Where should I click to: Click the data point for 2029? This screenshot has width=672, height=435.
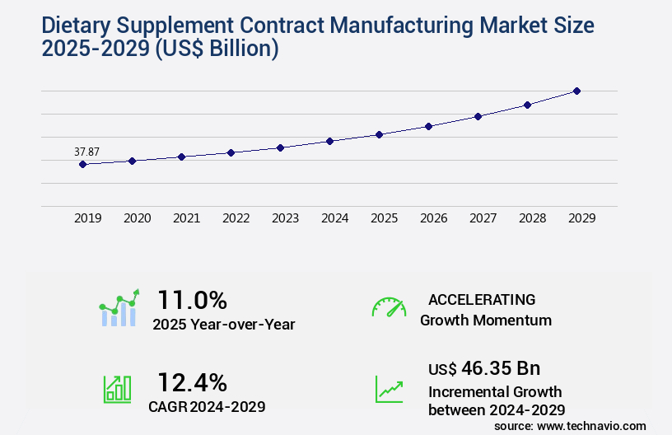[x=576, y=91]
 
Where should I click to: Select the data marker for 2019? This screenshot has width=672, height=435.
[x=82, y=164]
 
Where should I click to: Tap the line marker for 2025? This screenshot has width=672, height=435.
[x=379, y=134]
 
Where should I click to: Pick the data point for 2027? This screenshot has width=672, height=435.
[x=478, y=116]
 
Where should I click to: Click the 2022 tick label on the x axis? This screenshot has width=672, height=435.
[x=236, y=218]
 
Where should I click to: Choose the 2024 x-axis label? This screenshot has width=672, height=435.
[x=334, y=218]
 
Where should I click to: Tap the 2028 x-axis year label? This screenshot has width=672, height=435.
[x=532, y=218]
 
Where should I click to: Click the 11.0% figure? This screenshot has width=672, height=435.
[x=192, y=299]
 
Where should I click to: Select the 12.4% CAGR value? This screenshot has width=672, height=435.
[x=192, y=381]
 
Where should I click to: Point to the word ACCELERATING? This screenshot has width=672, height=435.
[x=482, y=299]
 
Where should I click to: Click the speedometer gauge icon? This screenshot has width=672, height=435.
[x=389, y=307]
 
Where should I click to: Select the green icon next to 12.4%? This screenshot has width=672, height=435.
[x=117, y=388]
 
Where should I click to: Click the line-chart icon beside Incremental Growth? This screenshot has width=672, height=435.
[x=389, y=389]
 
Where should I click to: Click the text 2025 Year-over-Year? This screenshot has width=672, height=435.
[x=223, y=325]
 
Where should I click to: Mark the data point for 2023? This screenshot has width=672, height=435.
[x=280, y=147]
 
